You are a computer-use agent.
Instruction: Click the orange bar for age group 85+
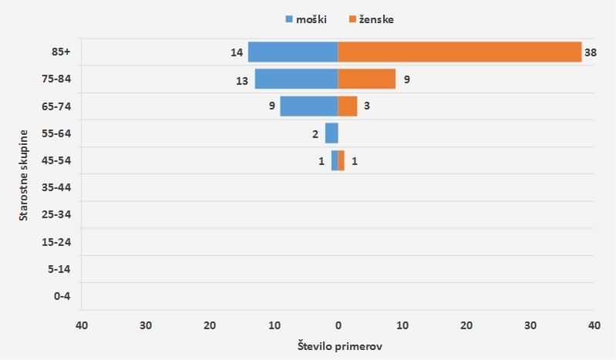[x=459, y=52]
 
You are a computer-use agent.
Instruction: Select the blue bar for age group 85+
[x=293, y=52]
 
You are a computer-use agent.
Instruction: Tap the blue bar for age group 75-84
[x=296, y=79]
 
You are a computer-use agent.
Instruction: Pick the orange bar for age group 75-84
[x=366, y=79]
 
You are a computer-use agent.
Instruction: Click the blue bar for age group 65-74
[x=308, y=106]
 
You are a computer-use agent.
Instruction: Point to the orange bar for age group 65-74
[x=347, y=106]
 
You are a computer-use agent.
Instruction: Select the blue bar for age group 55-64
[x=332, y=133]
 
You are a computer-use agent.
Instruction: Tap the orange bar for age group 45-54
[x=341, y=160]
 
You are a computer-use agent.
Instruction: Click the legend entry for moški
[x=307, y=19]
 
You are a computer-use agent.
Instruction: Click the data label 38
[x=591, y=52]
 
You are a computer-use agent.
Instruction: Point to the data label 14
[x=236, y=52]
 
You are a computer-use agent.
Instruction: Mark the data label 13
[x=241, y=79]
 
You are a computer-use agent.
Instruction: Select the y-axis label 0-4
[x=62, y=296]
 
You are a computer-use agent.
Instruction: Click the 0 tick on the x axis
[x=338, y=325]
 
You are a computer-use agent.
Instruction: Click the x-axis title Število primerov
[x=339, y=346]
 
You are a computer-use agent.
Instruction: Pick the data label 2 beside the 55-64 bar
[x=315, y=134]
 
